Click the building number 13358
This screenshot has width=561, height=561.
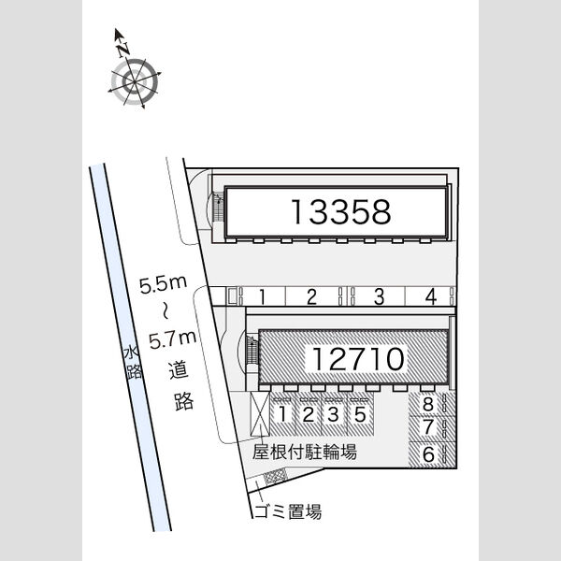click(341, 212)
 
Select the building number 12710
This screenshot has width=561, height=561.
click(358, 359)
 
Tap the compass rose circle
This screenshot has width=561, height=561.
click(135, 82)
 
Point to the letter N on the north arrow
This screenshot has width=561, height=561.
click(123, 50)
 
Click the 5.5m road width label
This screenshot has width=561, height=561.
click(163, 285)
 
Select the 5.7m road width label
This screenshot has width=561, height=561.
click(173, 340)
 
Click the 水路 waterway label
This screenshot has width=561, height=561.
click(133, 362)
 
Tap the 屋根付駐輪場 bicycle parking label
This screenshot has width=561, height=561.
click(305, 452)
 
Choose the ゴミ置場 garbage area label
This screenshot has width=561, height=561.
click(288, 511)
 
